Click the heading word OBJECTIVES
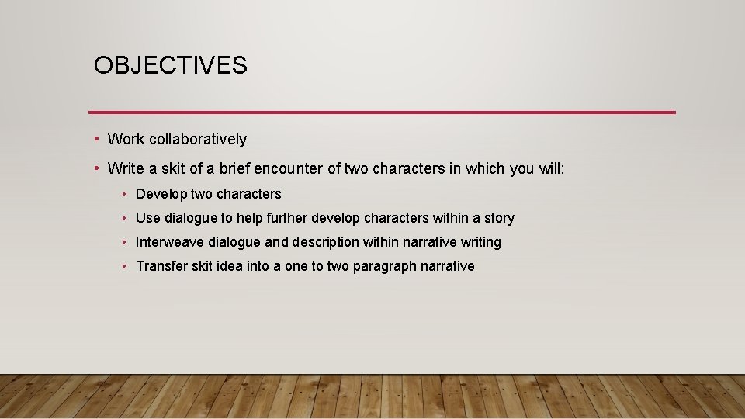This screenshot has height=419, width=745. (171, 66)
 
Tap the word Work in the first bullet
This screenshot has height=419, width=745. (126, 139)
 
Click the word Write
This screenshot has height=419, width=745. (126, 168)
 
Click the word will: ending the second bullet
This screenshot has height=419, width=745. (550, 168)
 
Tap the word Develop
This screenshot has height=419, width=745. (161, 194)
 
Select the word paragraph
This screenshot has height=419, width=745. (384, 266)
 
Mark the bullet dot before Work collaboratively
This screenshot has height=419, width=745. (95, 139)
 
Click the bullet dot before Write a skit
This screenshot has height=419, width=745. (95, 168)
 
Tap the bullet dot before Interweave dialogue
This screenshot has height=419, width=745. (125, 242)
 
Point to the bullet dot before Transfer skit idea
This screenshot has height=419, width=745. (125, 266)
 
